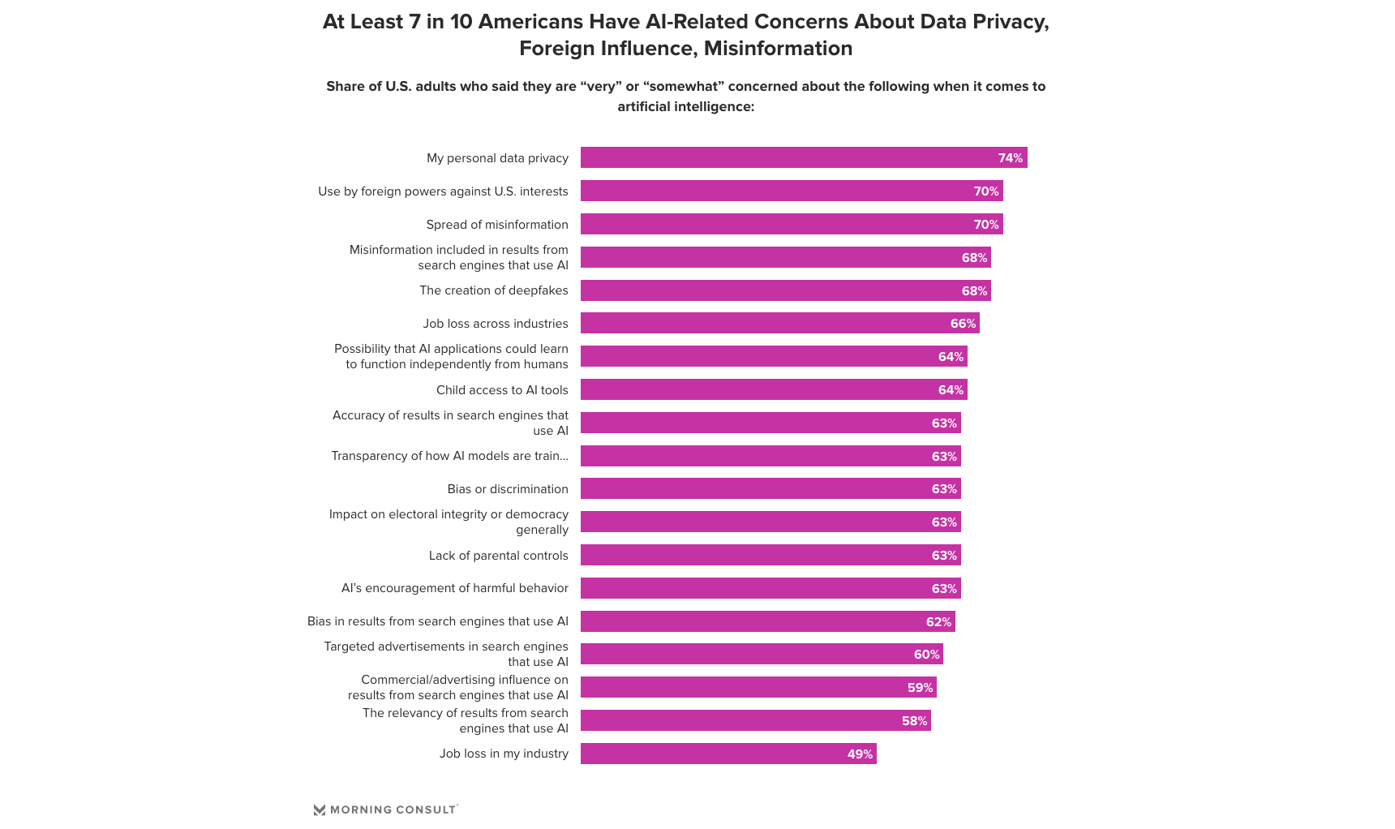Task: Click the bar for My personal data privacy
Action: click(x=803, y=157)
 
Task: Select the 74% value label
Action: click(x=1010, y=158)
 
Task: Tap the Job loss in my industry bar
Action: click(x=728, y=754)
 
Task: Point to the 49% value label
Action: click(x=860, y=754)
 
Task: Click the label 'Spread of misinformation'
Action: click(x=497, y=225)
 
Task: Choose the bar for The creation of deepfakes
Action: click(x=785, y=290)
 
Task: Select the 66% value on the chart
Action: click(x=963, y=324)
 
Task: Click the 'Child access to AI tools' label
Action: click(x=502, y=390)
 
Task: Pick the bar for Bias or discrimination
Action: click(x=770, y=489)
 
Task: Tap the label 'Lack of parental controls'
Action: click(x=498, y=556)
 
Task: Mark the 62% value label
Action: click(x=938, y=622)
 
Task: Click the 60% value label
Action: click(x=926, y=655)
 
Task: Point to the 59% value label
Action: click(x=920, y=688)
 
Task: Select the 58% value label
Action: click(x=914, y=721)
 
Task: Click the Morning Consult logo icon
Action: click(x=320, y=810)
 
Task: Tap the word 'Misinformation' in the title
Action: click(x=778, y=49)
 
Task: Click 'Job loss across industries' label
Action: click(x=495, y=324)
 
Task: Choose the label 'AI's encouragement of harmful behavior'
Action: click(x=454, y=588)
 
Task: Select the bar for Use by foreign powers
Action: click(x=791, y=191)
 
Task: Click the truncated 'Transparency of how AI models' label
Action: click(x=449, y=456)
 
